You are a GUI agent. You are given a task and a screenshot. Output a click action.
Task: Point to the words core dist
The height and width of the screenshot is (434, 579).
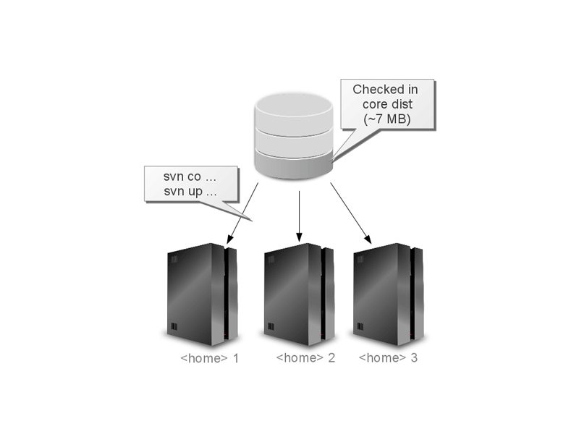point(386,105)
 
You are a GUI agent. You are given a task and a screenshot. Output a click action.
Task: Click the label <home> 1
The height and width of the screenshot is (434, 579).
point(209,358)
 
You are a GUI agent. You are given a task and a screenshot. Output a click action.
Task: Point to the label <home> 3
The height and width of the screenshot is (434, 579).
point(388,358)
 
